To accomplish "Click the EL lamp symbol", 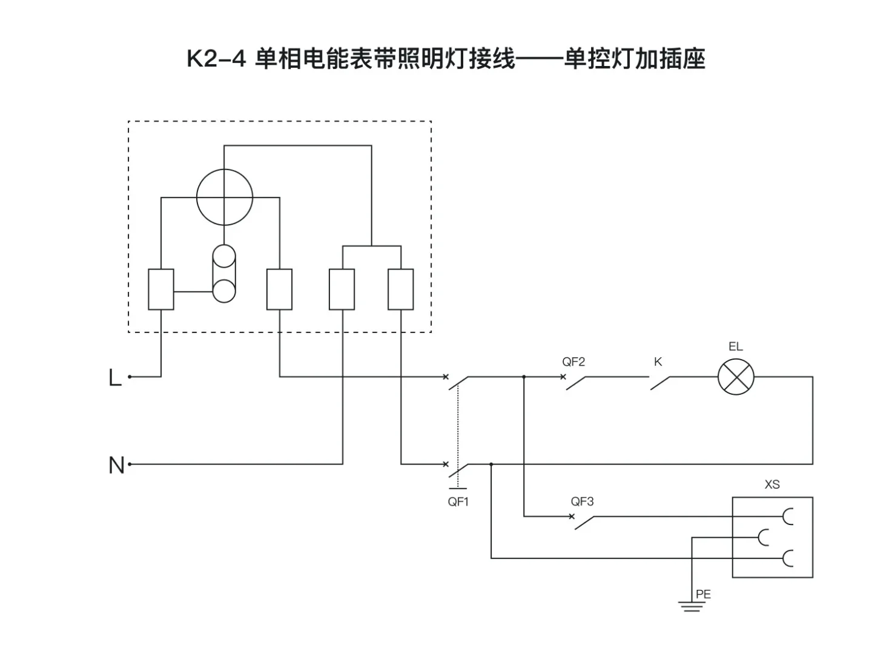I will pyautogui.click(x=736, y=377).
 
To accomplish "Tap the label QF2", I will pyautogui.click(x=573, y=362).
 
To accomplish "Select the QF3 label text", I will pyautogui.click(x=582, y=501).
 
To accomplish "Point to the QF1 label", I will pyautogui.click(x=458, y=502).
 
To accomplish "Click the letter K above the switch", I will pyautogui.click(x=658, y=362).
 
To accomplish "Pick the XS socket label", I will pyautogui.click(x=772, y=484).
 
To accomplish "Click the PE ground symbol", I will pyautogui.click(x=691, y=605).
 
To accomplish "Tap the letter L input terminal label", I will pyautogui.click(x=114, y=378).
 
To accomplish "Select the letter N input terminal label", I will pyautogui.click(x=116, y=466).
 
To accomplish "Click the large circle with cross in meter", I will pyautogui.click(x=225, y=197).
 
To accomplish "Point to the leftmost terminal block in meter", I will pyautogui.click(x=161, y=289).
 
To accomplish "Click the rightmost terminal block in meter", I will pyautogui.click(x=400, y=289).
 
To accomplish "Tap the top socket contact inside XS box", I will pyautogui.click(x=787, y=517).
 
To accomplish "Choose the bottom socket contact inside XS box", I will pyautogui.click(x=787, y=558).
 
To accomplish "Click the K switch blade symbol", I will pyautogui.click(x=661, y=382).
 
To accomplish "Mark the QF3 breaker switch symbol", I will pyautogui.click(x=584, y=521).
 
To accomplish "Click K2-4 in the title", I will pyautogui.click(x=216, y=59).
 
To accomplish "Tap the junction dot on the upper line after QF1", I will pyautogui.click(x=524, y=377).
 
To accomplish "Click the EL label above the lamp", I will pyautogui.click(x=735, y=347).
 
